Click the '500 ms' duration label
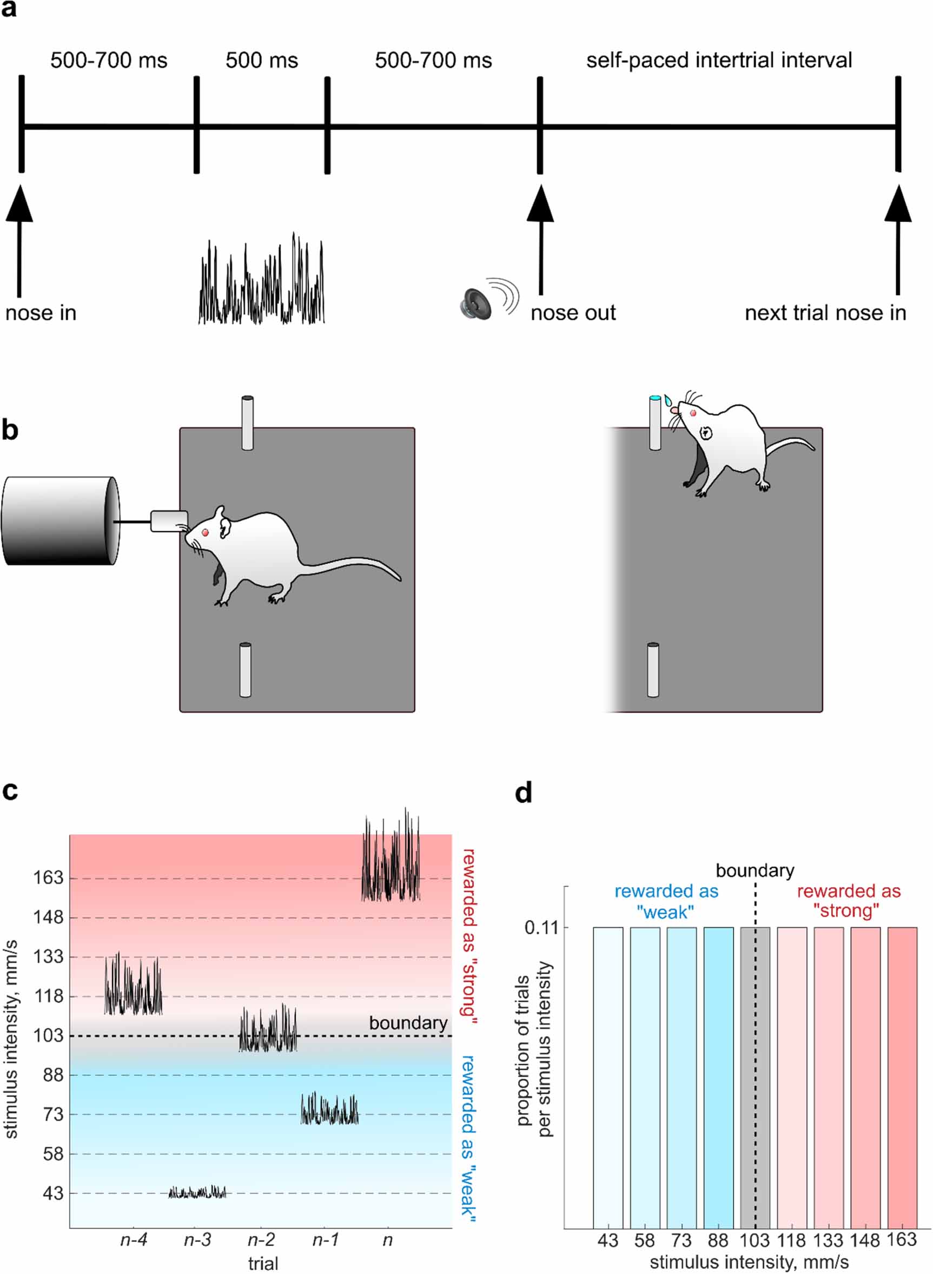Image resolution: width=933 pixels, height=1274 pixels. click(x=261, y=61)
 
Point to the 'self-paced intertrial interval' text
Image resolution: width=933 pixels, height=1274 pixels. click(x=718, y=61)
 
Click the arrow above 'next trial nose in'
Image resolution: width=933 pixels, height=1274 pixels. click(x=897, y=237)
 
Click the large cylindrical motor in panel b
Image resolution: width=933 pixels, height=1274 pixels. click(x=59, y=520)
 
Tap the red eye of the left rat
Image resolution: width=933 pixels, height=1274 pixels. click(x=206, y=532)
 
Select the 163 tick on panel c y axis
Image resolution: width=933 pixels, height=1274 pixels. click(x=48, y=877)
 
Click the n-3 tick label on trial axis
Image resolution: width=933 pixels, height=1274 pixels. click(x=197, y=1239)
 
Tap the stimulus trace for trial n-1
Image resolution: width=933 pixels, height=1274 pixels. click(x=329, y=1109)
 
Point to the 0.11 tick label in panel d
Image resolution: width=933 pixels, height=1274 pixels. click(x=541, y=927)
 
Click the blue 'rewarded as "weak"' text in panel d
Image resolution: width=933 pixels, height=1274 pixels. click(x=666, y=901)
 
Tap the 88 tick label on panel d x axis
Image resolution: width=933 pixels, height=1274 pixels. click(x=717, y=1240)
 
